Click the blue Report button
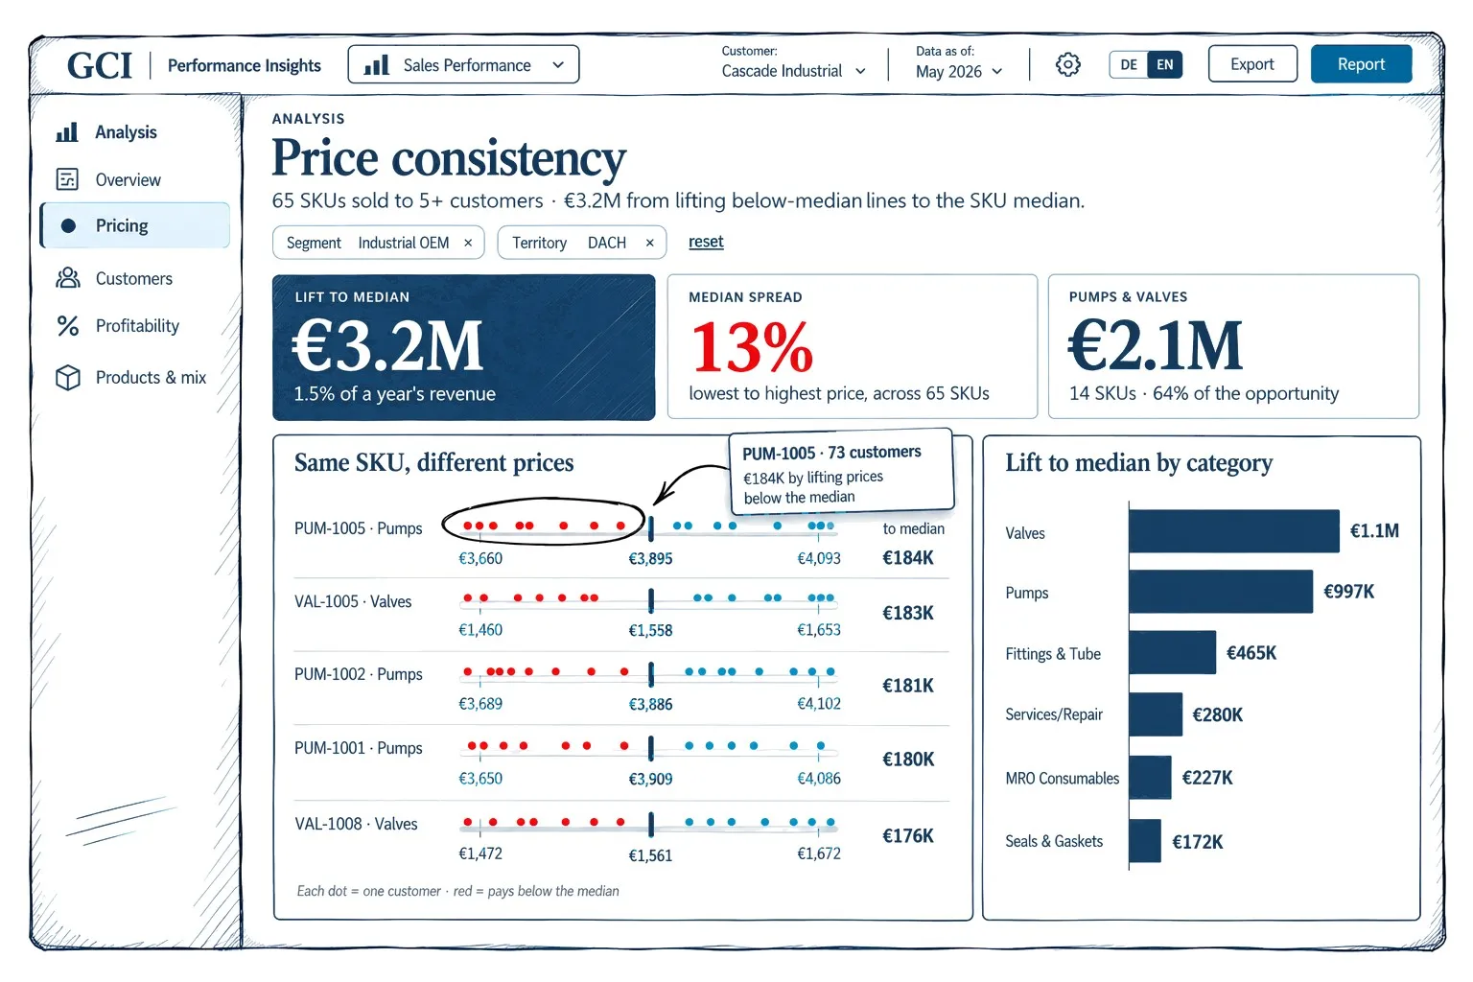(1361, 64)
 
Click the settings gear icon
(1068, 64)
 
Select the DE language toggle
(1129, 64)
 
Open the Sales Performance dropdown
(463, 64)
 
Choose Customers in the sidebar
(134, 278)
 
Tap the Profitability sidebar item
(137, 326)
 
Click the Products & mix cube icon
(68, 378)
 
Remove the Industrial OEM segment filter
(468, 243)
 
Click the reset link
(706, 242)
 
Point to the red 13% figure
(752, 346)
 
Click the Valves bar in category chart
(1233, 530)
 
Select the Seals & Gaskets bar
(1145, 841)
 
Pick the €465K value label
(1251, 652)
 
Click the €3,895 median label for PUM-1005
(650, 558)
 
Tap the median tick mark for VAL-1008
(651, 824)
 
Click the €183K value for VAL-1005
(907, 613)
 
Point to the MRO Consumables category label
(1062, 778)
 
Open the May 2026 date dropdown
(959, 71)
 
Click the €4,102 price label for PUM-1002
(819, 704)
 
